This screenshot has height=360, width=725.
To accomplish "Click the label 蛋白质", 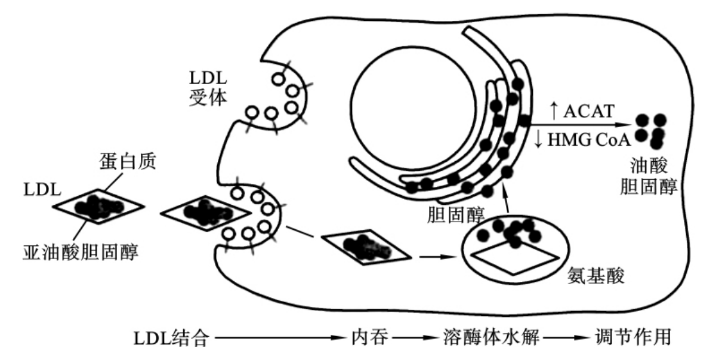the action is (x=128, y=161).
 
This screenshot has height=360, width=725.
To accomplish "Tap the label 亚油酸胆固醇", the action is (x=81, y=252).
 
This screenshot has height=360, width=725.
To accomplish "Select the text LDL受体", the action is (x=208, y=88).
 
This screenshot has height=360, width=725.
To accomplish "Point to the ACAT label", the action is (x=589, y=112).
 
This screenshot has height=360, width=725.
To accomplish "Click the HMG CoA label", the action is (x=589, y=140).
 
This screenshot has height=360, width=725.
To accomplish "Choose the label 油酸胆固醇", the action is (x=649, y=176).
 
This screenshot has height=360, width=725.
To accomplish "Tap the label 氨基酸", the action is (x=596, y=276).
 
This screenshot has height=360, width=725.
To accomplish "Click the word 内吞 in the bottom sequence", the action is (x=369, y=337).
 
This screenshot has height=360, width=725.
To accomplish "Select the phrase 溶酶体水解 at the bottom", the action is (x=491, y=337).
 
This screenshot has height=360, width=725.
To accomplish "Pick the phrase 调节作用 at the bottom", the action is (x=633, y=337).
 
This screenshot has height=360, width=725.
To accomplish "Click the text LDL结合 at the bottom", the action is (x=171, y=338).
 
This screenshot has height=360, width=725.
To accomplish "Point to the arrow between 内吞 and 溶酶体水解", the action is (x=415, y=338).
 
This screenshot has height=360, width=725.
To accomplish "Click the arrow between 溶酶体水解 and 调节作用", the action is (x=566, y=338).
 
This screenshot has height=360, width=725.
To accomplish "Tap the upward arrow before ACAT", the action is (x=554, y=110).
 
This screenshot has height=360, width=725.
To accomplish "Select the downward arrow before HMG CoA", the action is (x=538, y=139).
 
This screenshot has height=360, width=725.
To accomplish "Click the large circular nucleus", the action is (x=414, y=109).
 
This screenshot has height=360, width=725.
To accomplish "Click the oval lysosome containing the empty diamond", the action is (x=514, y=250).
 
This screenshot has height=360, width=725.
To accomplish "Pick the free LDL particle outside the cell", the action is (x=98, y=207).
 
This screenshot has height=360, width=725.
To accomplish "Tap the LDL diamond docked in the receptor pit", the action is (x=206, y=213).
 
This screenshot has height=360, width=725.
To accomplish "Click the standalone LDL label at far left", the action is (x=42, y=190).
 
